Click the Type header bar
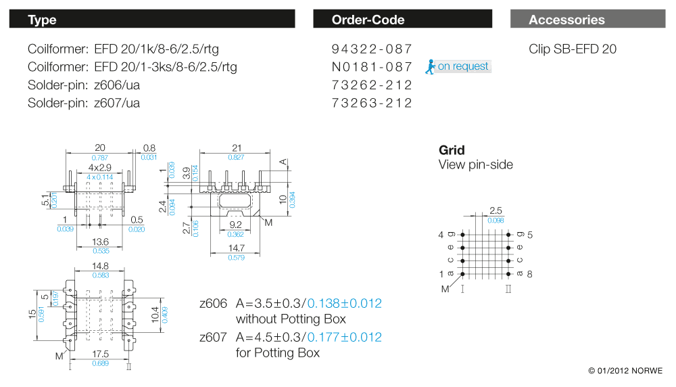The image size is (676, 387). click(x=151, y=19)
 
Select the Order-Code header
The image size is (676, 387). click(x=402, y=19)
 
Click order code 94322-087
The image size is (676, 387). click(x=372, y=49)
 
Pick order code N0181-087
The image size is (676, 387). click(x=372, y=67)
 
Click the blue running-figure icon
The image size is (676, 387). click(x=430, y=66)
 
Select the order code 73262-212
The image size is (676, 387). click(x=372, y=85)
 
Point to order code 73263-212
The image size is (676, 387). click(x=372, y=103)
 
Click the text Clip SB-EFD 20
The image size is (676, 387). click(x=573, y=49)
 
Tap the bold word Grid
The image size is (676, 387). click(x=452, y=150)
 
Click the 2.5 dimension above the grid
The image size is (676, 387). click(x=496, y=210)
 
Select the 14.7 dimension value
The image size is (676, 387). click(x=236, y=248)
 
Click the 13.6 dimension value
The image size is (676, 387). click(x=100, y=242)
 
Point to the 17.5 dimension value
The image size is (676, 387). click(x=100, y=354)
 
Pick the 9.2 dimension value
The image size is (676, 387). click(x=236, y=225)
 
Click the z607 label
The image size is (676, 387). click(x=214, y=337)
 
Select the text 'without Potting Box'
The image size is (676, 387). click(x=291, y=319)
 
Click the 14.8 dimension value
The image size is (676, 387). click(x=100, y=266)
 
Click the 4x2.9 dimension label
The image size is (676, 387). click(x=100, y=167)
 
